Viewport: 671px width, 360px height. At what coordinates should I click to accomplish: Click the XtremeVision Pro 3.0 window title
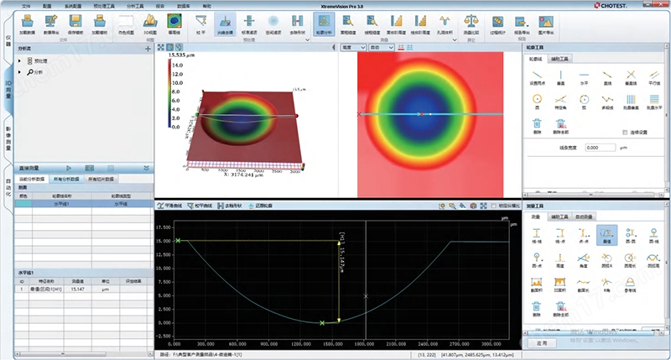coord(336,5)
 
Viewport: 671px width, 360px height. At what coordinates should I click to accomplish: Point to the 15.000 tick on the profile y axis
coord(164,241)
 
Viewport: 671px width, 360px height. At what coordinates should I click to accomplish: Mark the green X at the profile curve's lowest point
coord(322,322)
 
